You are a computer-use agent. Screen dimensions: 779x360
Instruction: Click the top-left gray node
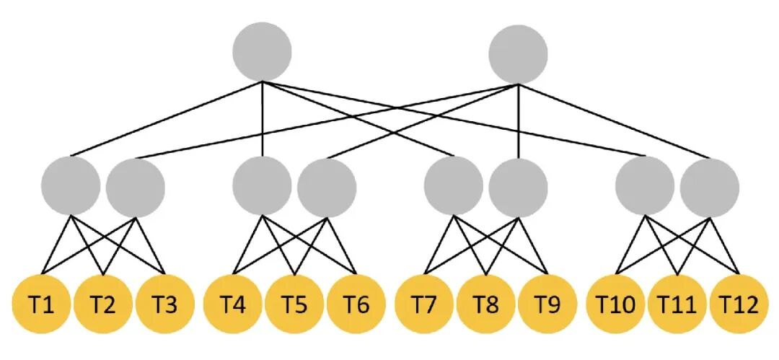tap(262, 52)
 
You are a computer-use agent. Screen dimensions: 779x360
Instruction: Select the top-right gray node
tap(518, 53)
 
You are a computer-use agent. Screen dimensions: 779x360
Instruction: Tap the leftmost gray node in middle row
tap(71, 186)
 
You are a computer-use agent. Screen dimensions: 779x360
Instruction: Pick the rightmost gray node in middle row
tap(710, 187)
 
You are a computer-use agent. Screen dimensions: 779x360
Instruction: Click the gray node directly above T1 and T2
tap(71, 186)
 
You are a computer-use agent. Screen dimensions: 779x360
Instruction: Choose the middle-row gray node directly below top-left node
tap(262, 186)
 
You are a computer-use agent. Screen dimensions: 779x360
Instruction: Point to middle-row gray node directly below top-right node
tap(518, 187)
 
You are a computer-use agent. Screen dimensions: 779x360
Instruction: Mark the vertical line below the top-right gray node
tap(518, 120)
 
